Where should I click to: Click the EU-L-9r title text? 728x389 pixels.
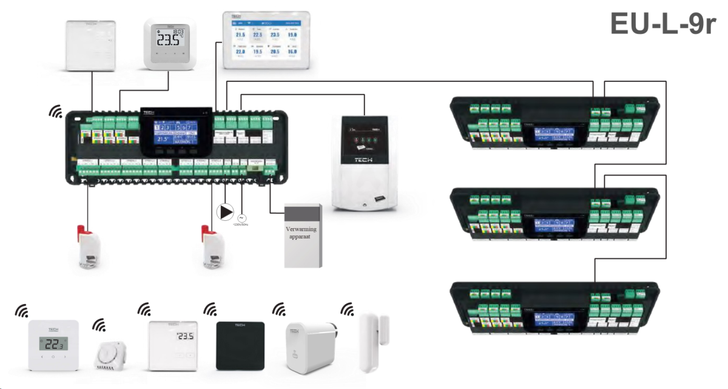[662, 25]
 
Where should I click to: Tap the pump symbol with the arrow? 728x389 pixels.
[225, 212]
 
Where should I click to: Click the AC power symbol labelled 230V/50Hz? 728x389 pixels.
[241, 216]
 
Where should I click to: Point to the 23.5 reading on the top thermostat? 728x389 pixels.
[169, 41]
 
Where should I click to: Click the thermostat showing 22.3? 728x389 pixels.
[53, 344]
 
